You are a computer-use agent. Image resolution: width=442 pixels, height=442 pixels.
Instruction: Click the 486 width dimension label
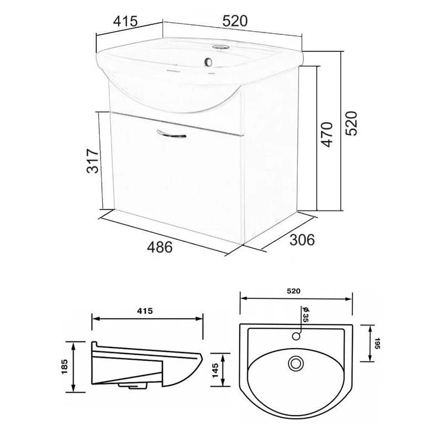(160, 247)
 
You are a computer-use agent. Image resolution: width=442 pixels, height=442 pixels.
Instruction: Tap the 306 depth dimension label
(302, 240)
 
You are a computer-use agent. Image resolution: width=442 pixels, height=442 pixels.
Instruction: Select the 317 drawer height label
(92, 161)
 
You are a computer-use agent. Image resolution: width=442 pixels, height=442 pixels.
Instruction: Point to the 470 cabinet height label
(327, 134)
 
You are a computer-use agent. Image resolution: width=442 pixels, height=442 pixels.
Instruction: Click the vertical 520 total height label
(351, 123)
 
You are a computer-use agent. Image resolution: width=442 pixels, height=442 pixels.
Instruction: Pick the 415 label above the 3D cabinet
(125, 21)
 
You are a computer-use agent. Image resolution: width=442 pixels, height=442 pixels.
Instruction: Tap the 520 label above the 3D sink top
(235, 21)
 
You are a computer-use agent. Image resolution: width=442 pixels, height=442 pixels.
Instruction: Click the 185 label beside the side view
(65, 366)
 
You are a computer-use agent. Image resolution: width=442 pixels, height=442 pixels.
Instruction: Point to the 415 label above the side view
(145, 311)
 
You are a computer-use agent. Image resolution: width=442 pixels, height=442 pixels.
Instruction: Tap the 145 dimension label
(215, 370)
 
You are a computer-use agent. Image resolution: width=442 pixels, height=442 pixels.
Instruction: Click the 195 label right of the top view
(378, 343)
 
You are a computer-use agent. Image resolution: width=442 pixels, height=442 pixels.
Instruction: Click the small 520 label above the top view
(294, 291)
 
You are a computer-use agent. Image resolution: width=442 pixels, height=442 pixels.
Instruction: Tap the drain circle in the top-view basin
(296, 364)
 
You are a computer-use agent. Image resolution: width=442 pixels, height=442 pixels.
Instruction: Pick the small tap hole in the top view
(296, 336)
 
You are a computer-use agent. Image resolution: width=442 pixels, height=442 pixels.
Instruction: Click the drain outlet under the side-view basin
(133, 385)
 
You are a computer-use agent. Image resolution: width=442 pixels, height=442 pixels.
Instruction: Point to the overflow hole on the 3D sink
(209, 62)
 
